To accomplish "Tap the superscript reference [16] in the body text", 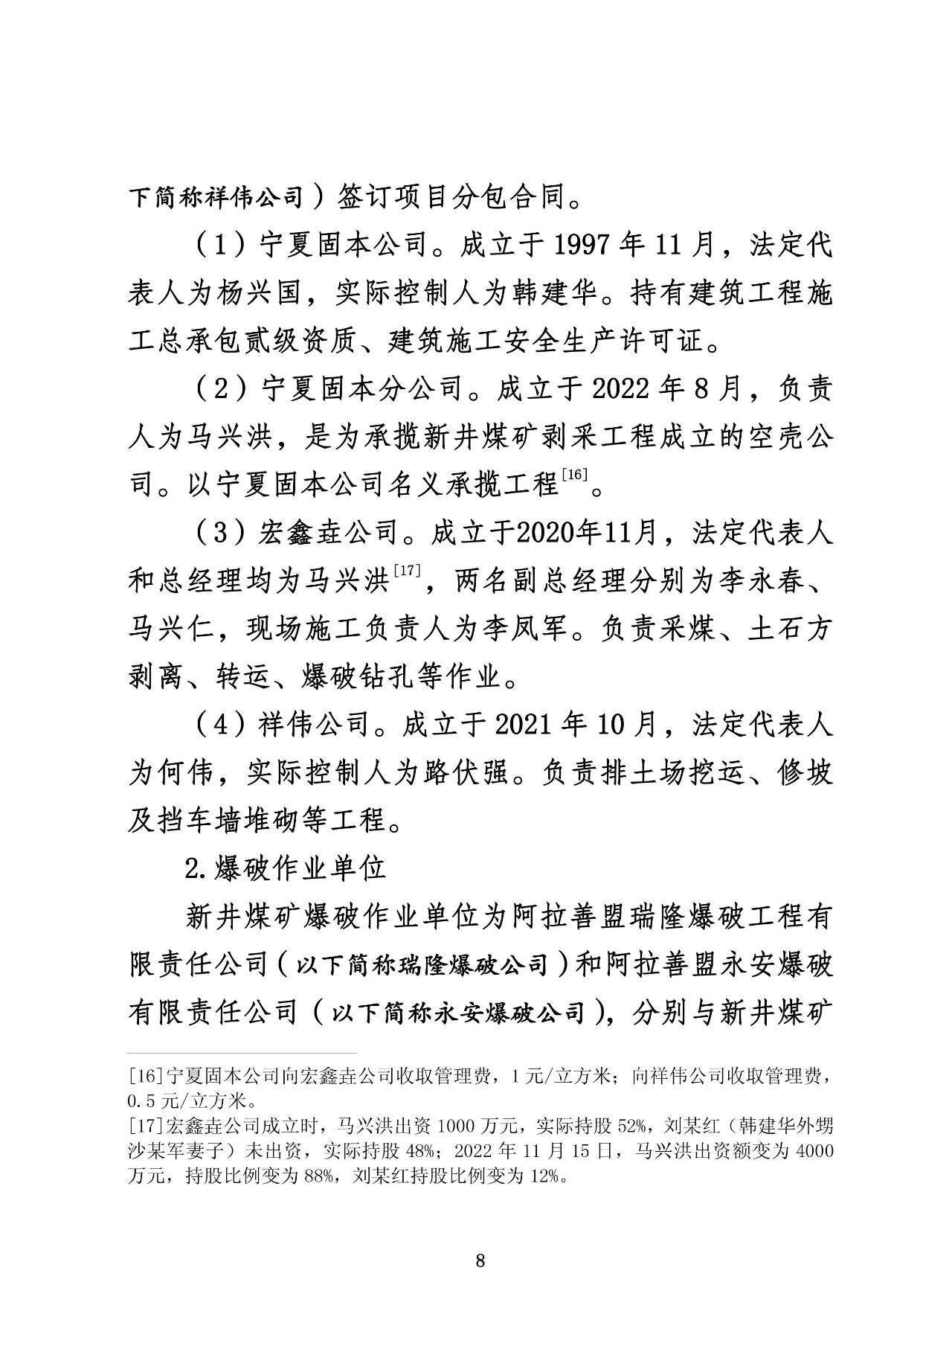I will tap(576, 474).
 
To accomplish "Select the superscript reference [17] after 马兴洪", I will tap(407, 570).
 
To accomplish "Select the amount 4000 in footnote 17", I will tap(814, 1151).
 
